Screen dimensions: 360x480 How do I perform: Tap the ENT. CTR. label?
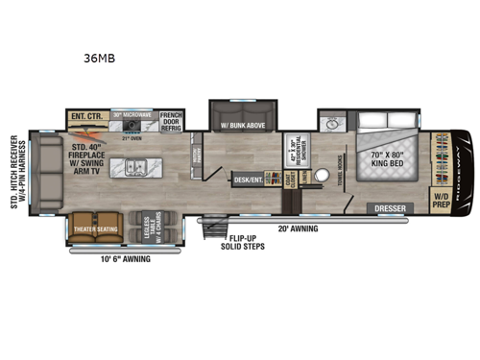pos(87,117)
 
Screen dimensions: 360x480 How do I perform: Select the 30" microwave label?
pos(132,115)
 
